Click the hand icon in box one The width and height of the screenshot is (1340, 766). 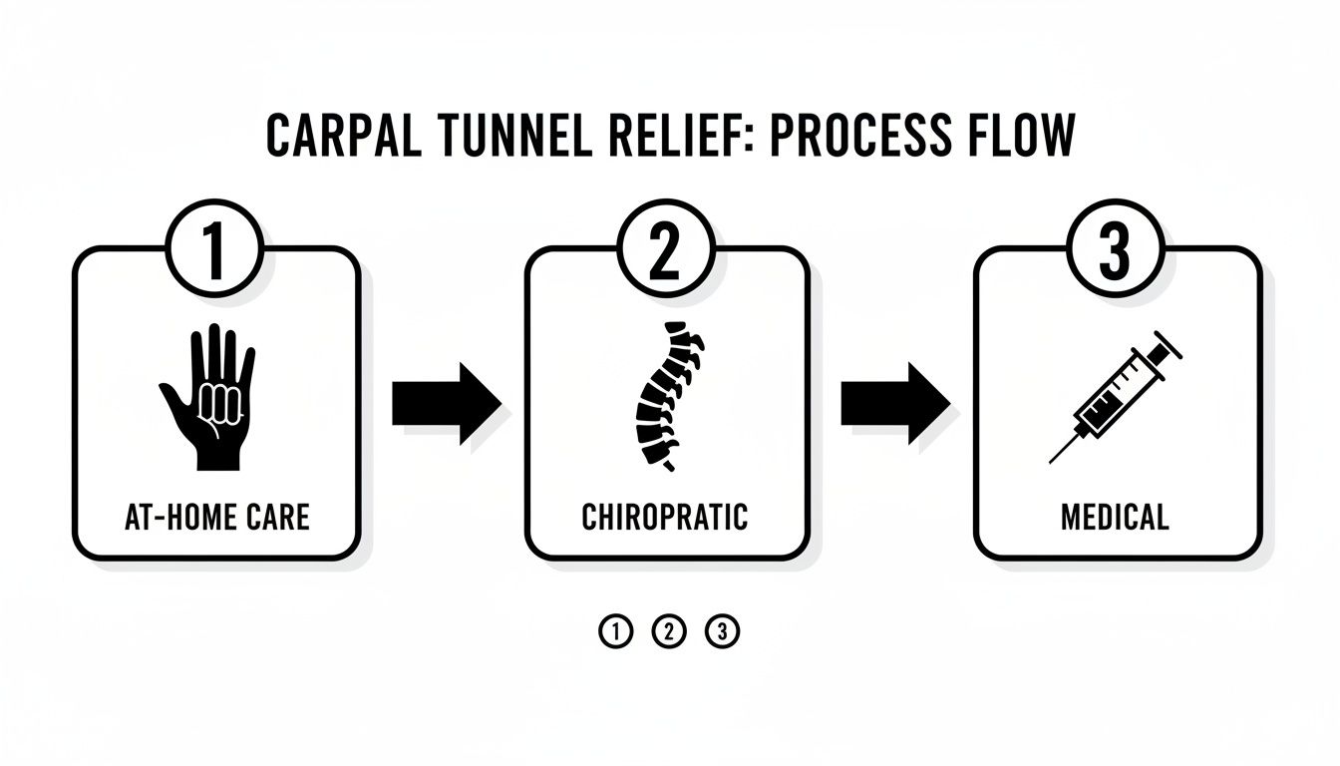pyautogui.click(x=208, y=396)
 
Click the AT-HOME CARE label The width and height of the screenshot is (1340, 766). pyautogui.click(x=216, y=518)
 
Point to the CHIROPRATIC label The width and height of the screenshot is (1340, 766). pyautogui.click(x=665, y=518)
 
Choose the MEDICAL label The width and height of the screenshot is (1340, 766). pyautogui.click(x=1115, y=518)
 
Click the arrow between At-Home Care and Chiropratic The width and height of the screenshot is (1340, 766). pyautogui.click(x=444, y=402)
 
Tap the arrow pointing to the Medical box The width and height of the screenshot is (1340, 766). pyautogui.click(x=893, y=402)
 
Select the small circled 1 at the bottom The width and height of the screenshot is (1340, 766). pyautogui.click(x=615, y=631)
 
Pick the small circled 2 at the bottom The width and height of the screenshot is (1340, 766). pyautogui.click(x=669, y=631)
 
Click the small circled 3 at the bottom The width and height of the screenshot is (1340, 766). pyautogui.click(x=722, y=631)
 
